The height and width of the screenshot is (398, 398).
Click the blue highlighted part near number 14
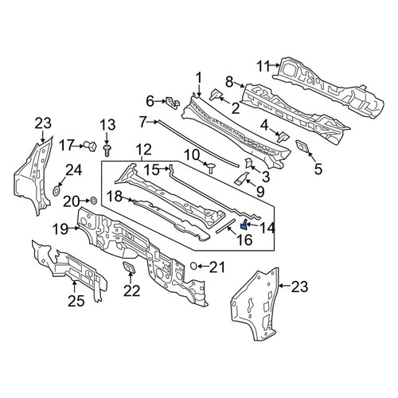pyautogui.click(x=244, y=224)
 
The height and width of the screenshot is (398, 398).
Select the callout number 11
pyautogui.click(x=263, y=66)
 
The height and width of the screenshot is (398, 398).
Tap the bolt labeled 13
pyautogui.click(x=107, y=150)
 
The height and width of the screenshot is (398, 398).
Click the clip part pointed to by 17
pyautogui.click(x=91, y=146)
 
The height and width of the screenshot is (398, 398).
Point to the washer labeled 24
pyautogui.click(x=57, y=190)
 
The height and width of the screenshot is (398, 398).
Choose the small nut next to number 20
pyautogui.click(x=94, y=201)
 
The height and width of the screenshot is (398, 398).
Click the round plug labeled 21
pyautogui.click(x=194, y=266)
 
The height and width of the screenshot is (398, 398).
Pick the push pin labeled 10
pyautogui.click(x=211, y=167)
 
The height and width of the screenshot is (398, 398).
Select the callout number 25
pyautogui.click(x=76, y=301)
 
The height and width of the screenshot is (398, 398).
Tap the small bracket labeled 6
pyautogui.click(x=173, y=103)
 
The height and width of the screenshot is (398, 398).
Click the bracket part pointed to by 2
pyautogui.click(x=217, y=95)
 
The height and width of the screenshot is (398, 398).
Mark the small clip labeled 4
pyautogui.click(x=283, y=136)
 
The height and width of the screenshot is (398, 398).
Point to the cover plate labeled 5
pyautogui.click(x=302, y=146)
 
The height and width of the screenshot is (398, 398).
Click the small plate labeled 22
pyautogui.click(x=129, y=267)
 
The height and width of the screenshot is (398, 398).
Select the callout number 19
pyautogui.click(x=60, y=228)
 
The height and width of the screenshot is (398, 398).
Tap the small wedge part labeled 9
pyautogui.click(x=241, y=178)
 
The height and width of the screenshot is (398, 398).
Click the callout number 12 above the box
pyautogui.click(x=144, y=150)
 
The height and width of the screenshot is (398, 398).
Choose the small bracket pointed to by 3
pyautogui.click(x=248, y=163)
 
